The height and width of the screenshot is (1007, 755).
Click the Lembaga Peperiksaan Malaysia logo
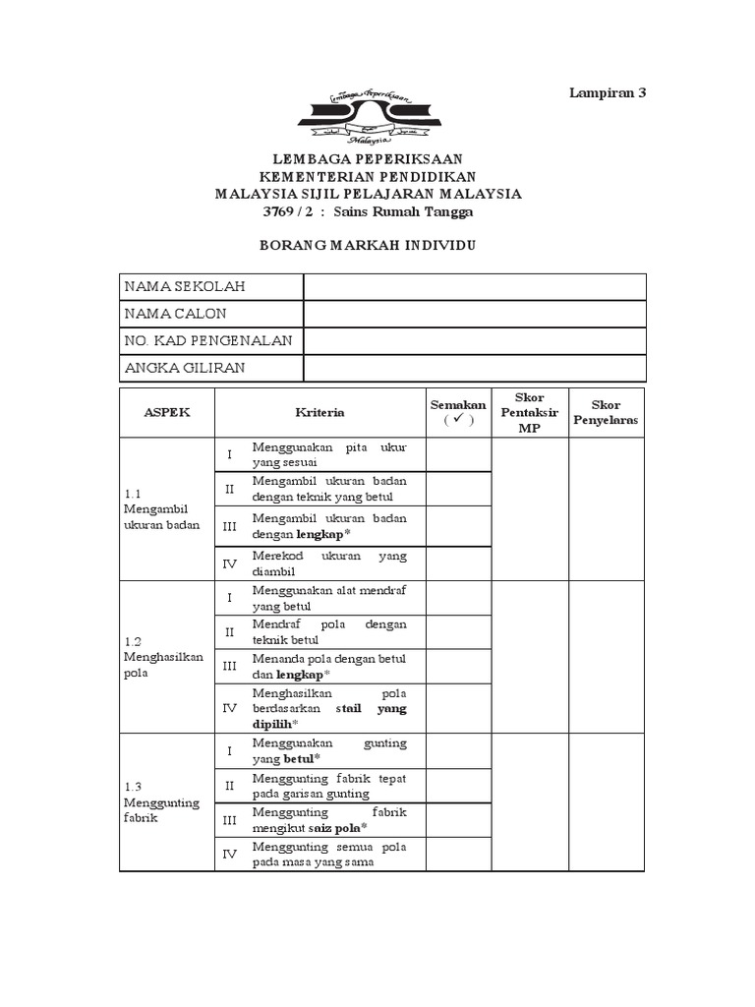tap(369, 116)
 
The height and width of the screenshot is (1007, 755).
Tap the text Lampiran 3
tap(609, 93)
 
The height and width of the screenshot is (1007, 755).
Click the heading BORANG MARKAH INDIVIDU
tap(368, 245)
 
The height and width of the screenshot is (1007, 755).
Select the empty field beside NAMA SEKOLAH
tap(475, 286)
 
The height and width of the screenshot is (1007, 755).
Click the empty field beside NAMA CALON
tap(475, 314)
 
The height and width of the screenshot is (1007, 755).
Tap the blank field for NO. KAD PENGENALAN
tap(475, 340)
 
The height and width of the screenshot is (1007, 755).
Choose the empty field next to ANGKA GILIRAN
tap(475, 368)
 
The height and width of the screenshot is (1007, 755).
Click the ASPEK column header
tap(166, 413)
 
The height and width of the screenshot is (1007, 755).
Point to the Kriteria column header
tap(319, 413)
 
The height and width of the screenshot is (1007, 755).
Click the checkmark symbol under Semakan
tap(457, 421)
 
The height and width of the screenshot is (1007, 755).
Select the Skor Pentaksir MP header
tap(530, 413)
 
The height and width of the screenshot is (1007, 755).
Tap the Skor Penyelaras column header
tap(607, 413)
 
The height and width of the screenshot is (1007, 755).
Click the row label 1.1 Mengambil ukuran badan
tap(161, 509)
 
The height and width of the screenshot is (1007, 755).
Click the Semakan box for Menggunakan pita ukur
tap(457, 454)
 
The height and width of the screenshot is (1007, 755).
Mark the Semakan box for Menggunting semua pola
tap(457, 854)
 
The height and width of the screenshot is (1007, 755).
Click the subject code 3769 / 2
tap(292, 211)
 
